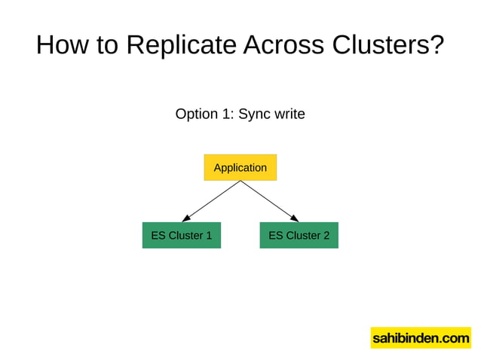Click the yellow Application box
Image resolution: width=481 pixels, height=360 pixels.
(x=240, y=167)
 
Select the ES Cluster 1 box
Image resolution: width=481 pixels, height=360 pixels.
(x=181, y=235)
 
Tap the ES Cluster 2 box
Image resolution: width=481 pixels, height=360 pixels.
(x=299, y=235)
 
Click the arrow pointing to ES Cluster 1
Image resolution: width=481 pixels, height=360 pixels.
(x=211, y=201)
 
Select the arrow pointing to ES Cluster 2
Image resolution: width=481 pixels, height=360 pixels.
(x=269, y=201)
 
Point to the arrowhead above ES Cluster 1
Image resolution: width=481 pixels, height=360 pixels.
(x=185, y=218)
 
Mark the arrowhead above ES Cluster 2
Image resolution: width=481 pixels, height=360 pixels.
(x=295, y=218)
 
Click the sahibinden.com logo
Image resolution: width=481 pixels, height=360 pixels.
(x=420, y=338)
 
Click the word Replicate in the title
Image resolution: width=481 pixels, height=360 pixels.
(x=182, y=45)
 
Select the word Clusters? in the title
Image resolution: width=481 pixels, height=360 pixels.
(x=390, y=45)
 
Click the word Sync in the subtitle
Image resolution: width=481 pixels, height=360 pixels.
(x=255, y=114)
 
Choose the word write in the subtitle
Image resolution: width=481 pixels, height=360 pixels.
(x=290, y=114)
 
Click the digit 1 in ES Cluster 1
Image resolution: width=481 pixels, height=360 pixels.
(x=208, y=235)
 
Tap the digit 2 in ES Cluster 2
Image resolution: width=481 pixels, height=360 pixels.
(x=326, y=235)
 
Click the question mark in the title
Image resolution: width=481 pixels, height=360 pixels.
(x=437, y=45)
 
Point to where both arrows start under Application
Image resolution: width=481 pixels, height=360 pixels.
(x=240, y=181)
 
